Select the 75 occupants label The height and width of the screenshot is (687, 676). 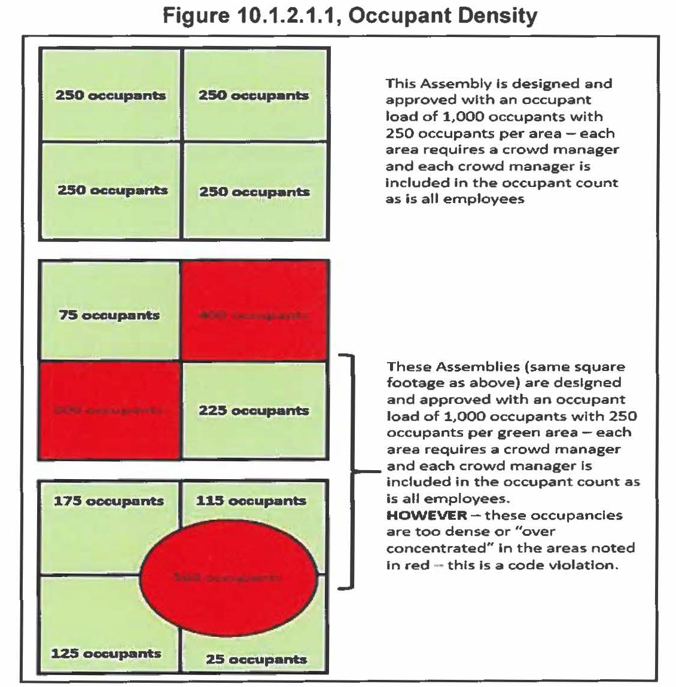click(109, 315)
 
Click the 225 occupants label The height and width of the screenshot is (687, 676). click(254, 410)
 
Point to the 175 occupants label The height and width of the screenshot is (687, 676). click(108, 501)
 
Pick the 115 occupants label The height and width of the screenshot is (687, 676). click(251, 501)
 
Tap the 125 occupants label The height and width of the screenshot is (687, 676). click(106, 653)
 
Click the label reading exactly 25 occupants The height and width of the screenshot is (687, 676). click(256, 659)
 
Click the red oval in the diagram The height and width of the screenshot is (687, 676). click(229, 576)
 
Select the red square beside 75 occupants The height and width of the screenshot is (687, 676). click(254, 311)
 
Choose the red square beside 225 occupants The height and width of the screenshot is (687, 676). click(109, 410)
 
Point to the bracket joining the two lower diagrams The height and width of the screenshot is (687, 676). click(352, 471)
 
